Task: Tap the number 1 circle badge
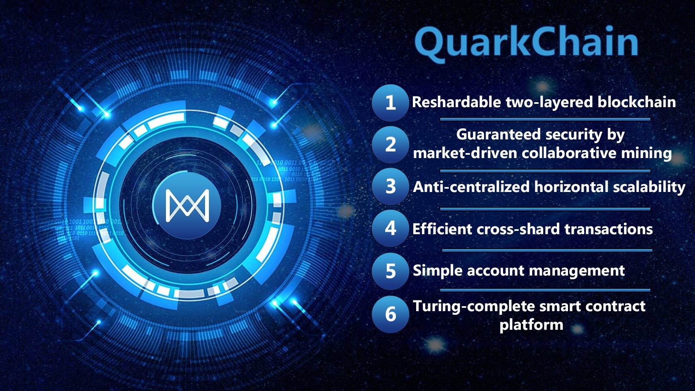(x=391, y=103)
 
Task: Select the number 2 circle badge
(x=391, y=145)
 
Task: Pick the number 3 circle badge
(x=391, y=187)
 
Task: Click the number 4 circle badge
(x=391, y=228)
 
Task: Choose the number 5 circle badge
(x=391, y=271)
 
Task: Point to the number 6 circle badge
(x=391, y=314)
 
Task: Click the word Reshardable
(x=456, y=102)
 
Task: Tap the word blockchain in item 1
(x=637, y=102)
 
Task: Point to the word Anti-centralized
(x=471, y=187)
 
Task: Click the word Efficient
(x=442, y=229)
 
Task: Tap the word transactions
(x=609, y=229)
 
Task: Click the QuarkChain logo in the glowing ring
(x=187, y=205)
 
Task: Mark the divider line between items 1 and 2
(x=545, y=119)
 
